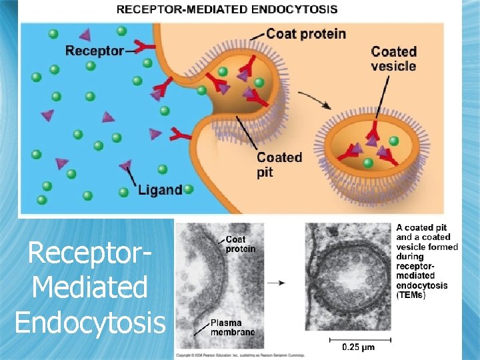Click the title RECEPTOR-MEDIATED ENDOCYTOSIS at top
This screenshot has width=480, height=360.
tap(227, 9)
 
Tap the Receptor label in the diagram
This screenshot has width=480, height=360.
tap(95, 51)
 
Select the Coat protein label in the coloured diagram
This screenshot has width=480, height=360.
tap(306, 33)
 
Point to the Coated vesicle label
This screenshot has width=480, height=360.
tap(393, 59)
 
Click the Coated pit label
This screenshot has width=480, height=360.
tap(279, 164)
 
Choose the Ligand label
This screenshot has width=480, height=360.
tap(160, 190)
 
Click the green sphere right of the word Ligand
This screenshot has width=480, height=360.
tap(189, 189)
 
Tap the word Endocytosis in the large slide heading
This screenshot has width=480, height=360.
tap(90, 322)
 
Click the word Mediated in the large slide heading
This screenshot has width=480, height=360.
tap(89, 287)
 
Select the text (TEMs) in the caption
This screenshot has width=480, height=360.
tap(411, 295)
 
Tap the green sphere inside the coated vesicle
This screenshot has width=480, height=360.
tap(394, 141)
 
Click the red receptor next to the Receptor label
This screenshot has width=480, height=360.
tap(142, 47)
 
